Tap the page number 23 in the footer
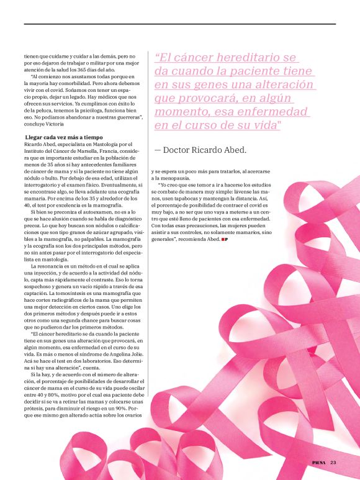click(x=333, y=462)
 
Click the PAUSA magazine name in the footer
click(x=320, y=462)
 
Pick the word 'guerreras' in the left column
click(x=122, y=117)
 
